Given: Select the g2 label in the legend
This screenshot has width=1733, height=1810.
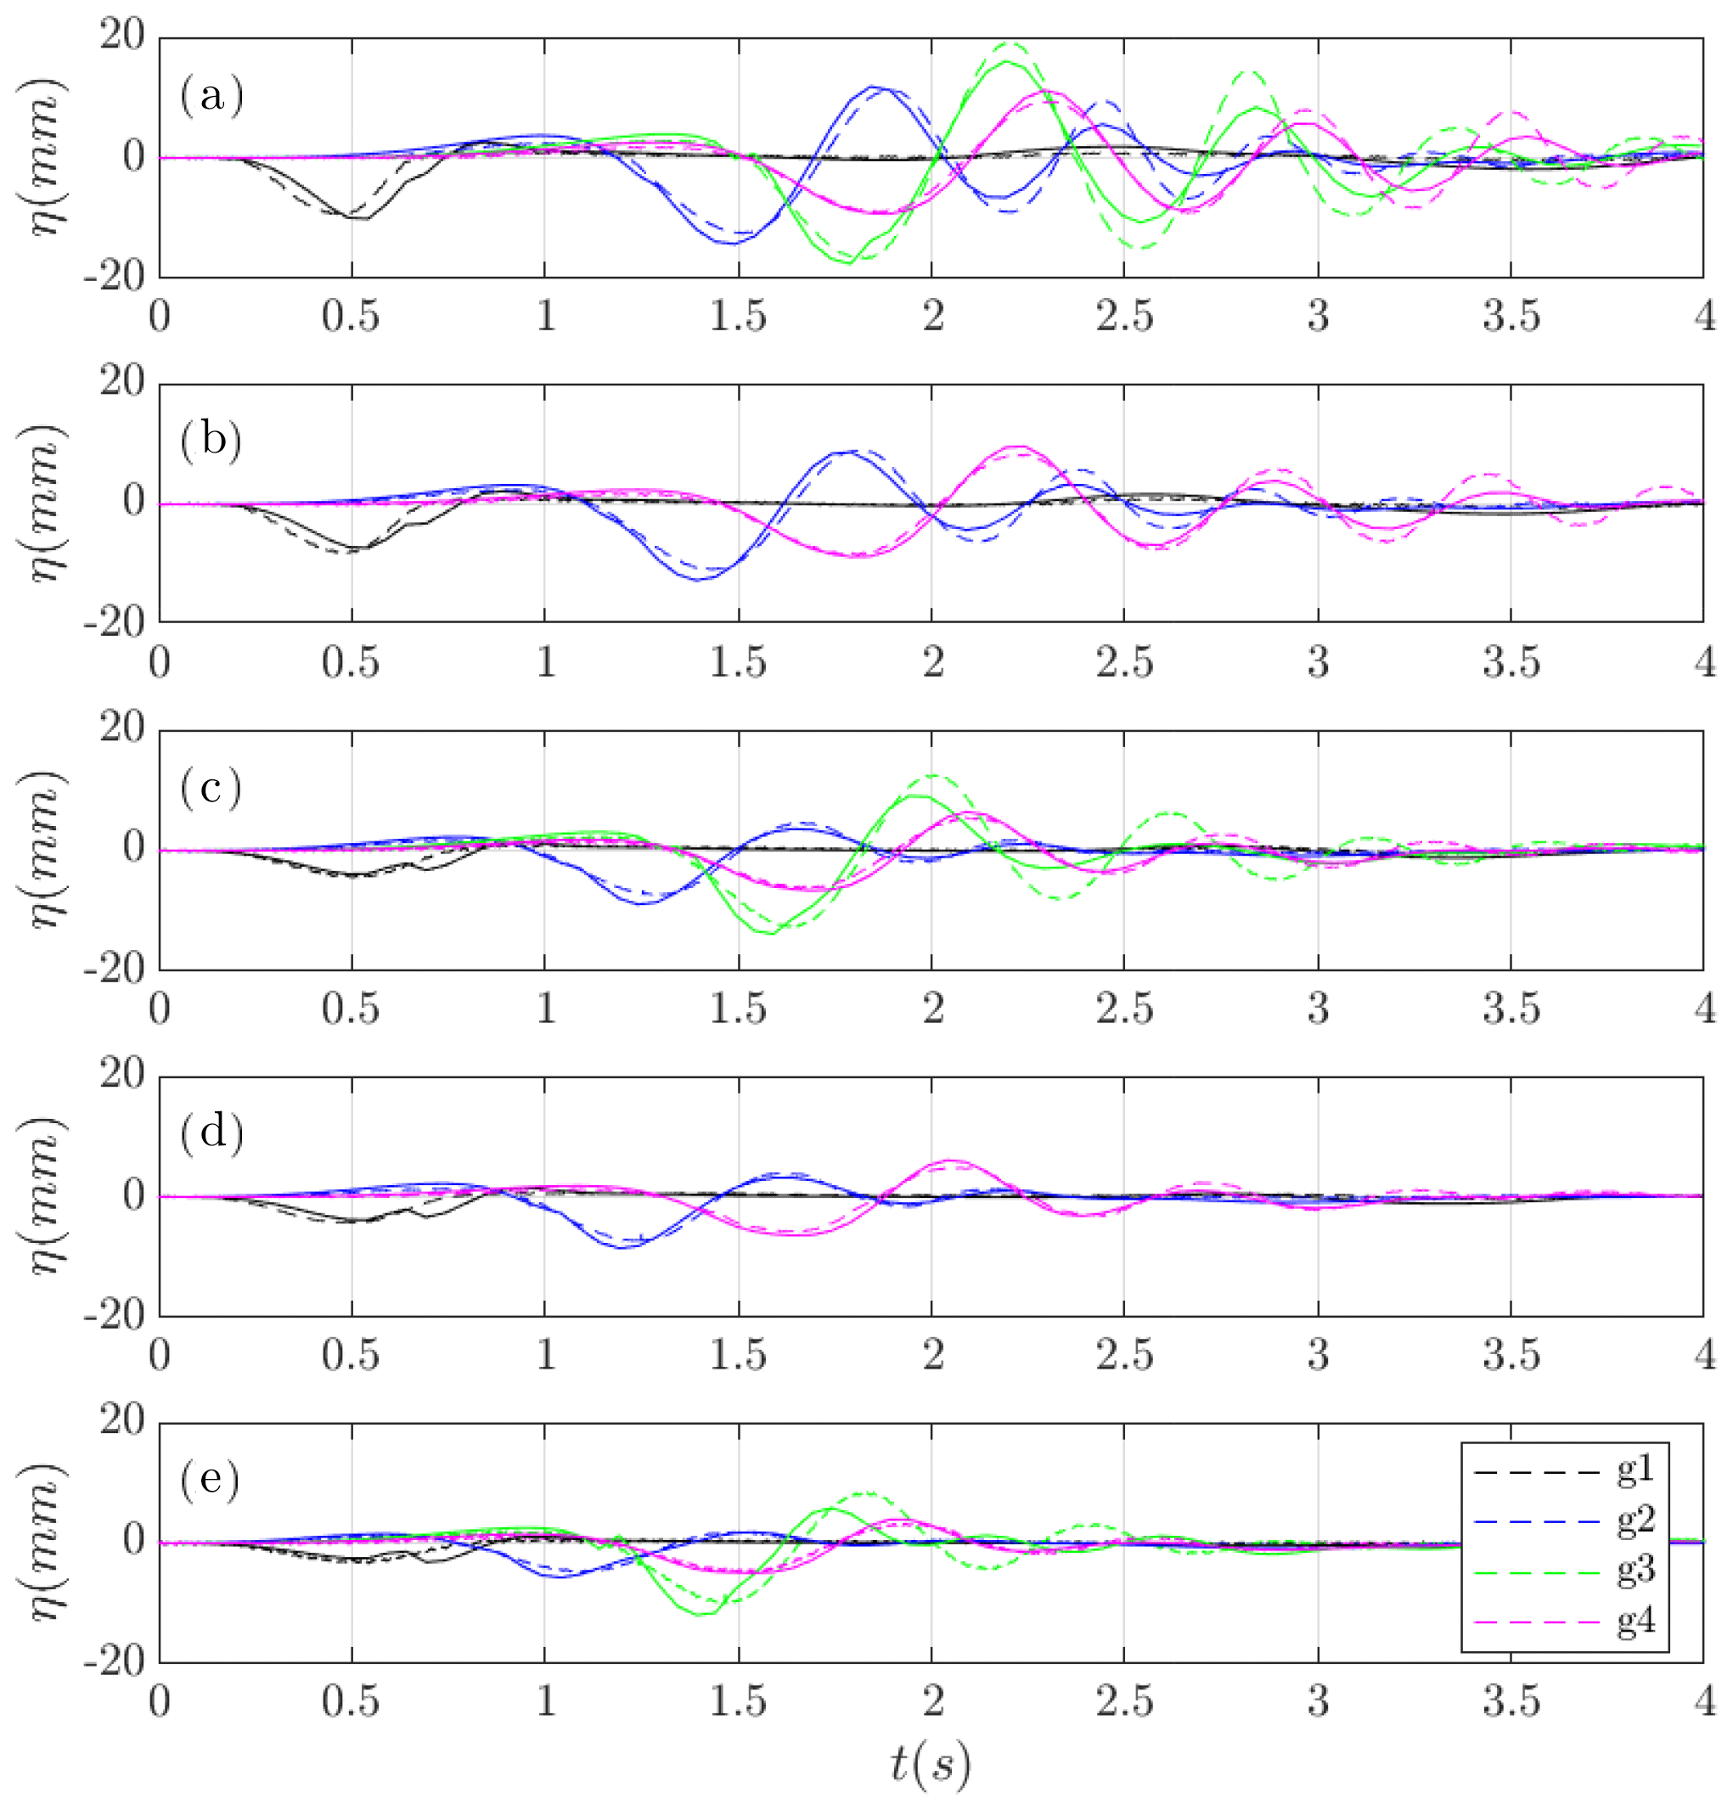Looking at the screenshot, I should pyautogui.click(x=1635, y=1521).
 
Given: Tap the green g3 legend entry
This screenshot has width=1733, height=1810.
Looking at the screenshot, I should pyautogui.click(x=1635, y=1571).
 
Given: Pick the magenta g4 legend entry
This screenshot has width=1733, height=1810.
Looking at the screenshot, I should pyautogui.click(x=1635, y=1622).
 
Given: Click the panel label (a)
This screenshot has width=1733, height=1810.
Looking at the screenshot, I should pyautogui.click(x=211, y=95).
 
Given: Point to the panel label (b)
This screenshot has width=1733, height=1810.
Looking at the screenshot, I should pyautogui.click(x=211, y=441).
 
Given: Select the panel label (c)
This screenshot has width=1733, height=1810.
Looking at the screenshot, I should pyautogui.click(x=211, y=788).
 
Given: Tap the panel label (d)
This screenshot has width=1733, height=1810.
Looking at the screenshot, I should pyautogui.click(x=211, y=1133).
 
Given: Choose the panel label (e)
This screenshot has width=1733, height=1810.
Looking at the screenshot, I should pyautogui.click(x=211, y=1481).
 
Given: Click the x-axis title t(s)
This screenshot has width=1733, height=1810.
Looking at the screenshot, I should pyautogui.click(x=931, y=1764).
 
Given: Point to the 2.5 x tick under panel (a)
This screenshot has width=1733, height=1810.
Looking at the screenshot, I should pyautogui.click(x=1124, y=317).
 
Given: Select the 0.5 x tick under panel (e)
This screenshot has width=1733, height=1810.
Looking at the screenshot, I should pyautogui.click(x=351, y=1702).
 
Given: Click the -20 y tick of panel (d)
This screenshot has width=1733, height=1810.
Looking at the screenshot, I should pyautogui.click(x=115, y=1317).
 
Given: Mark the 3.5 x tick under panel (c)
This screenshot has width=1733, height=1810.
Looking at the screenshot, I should pyautogui.click(x=1511, y=1009).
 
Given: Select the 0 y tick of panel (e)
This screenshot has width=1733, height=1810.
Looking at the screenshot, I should pyautogui.click(x=134, y=1540).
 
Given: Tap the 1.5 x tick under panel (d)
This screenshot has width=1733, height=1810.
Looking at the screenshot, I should pyautogui.click(x=737, y=1356).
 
